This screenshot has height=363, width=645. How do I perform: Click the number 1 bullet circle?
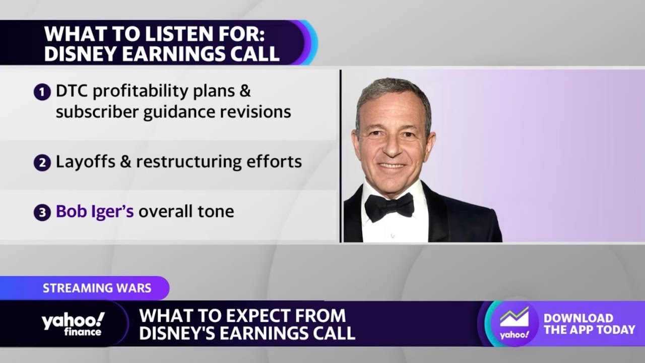point(42,92)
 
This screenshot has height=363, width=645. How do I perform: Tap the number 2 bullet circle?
point(42,163)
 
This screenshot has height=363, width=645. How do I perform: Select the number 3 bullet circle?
point(42,212)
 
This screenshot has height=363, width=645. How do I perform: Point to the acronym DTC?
point(73,91)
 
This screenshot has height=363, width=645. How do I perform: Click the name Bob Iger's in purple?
point(95,211)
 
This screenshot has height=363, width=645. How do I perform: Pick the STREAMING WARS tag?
point(97,288)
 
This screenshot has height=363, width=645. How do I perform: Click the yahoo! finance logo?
point(73,324)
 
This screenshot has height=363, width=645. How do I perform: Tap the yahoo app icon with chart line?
point(514,323)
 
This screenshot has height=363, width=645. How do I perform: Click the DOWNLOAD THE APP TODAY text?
point(589,324)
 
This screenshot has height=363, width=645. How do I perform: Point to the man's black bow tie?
point(389,206)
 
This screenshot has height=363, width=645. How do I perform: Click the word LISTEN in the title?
point(171,35)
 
